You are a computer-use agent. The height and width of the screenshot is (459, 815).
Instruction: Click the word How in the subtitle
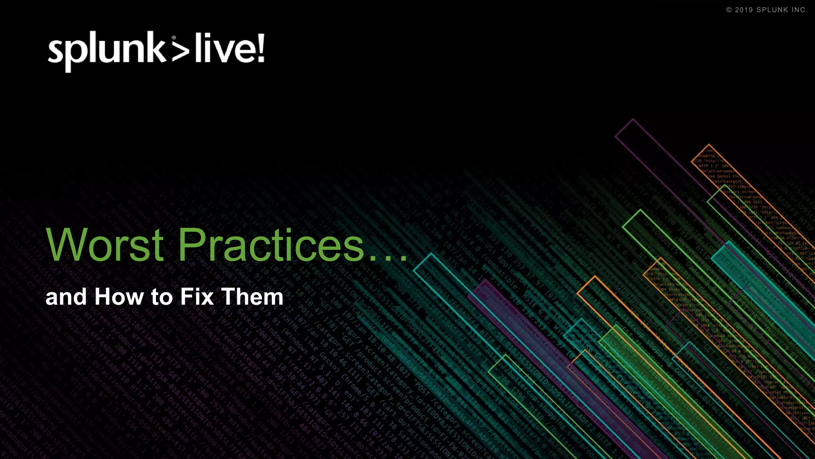119,297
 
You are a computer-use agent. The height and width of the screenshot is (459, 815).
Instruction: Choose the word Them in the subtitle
252,297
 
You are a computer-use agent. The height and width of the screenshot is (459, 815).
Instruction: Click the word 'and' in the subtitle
66,297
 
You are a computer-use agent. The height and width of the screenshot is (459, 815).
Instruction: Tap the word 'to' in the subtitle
161,297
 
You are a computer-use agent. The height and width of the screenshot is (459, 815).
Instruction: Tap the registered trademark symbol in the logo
174,38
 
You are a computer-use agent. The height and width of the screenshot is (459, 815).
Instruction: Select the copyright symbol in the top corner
729,10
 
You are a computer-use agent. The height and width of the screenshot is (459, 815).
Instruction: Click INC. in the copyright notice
799,10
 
